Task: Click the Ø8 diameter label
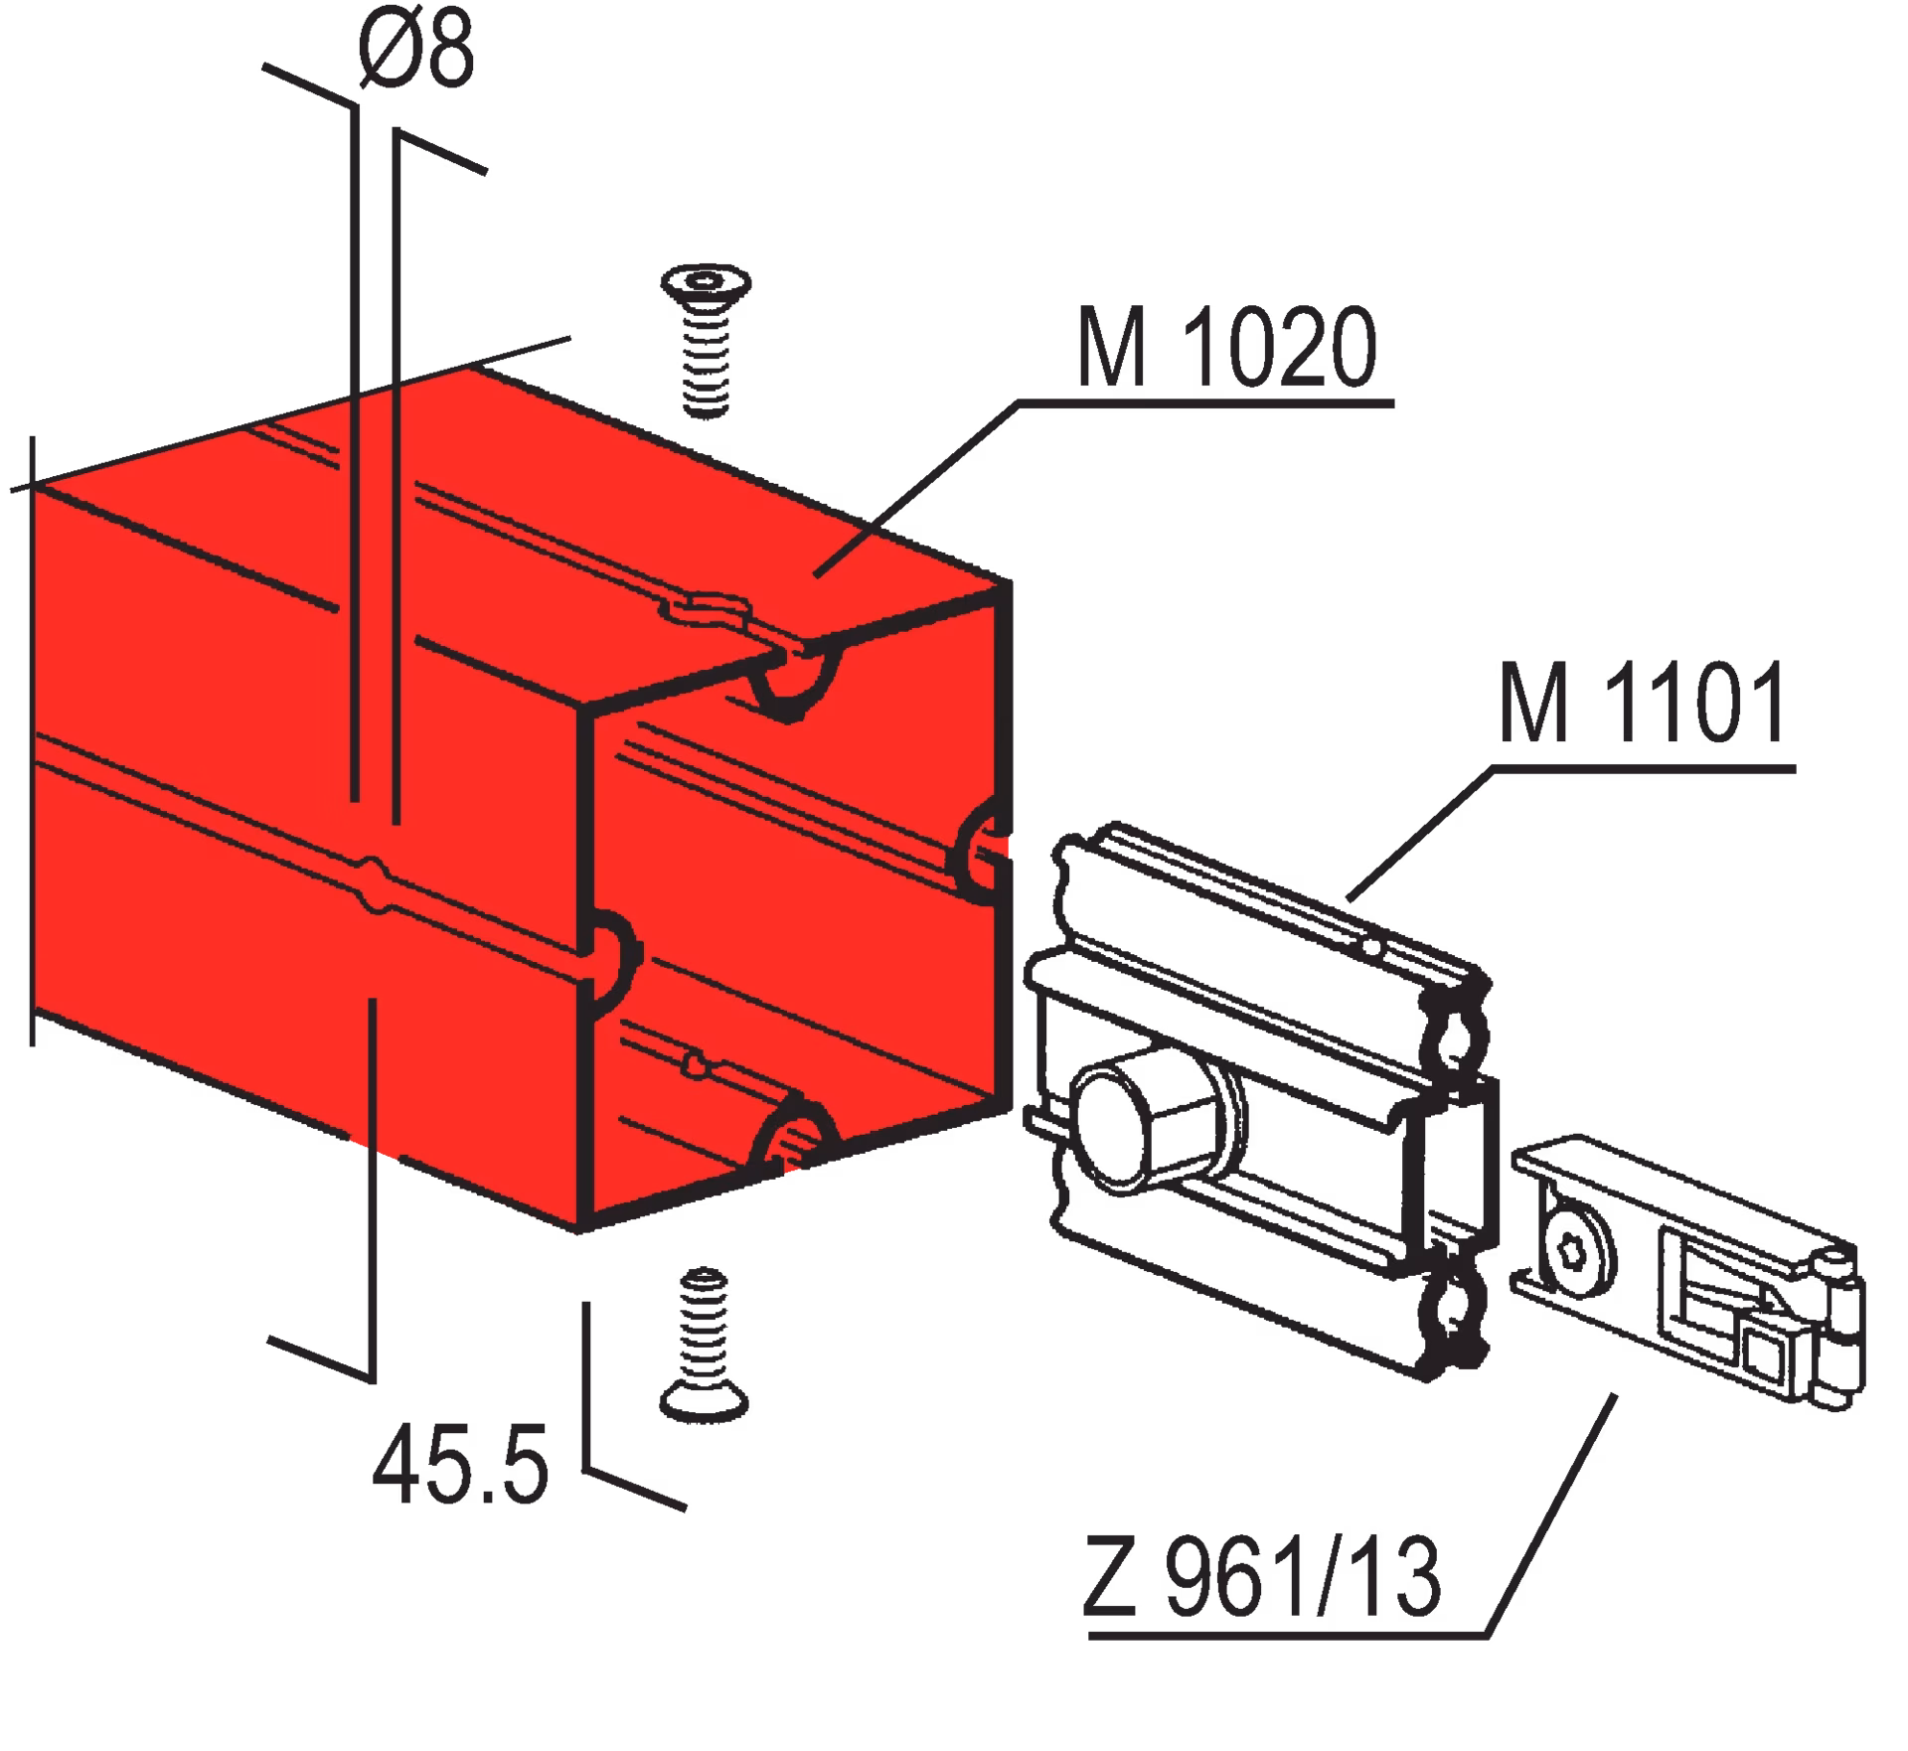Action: click(417, 52)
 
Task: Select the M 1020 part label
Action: click(1227, 348)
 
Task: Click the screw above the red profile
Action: click(706, 342)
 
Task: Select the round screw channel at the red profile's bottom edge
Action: click(795, 1137)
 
